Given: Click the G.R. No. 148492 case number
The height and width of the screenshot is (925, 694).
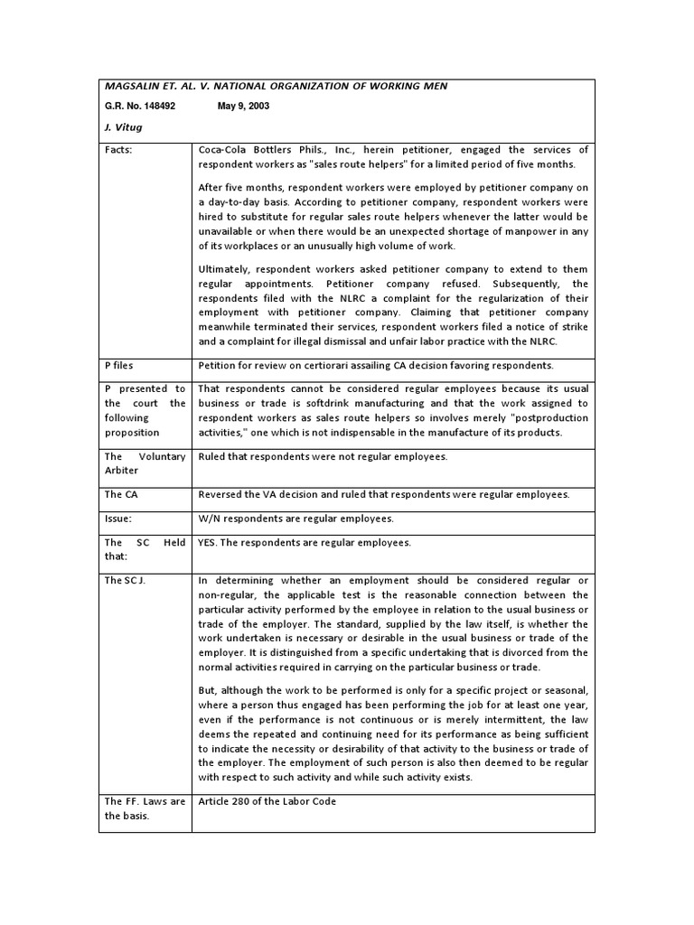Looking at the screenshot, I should click(x=140, y=106).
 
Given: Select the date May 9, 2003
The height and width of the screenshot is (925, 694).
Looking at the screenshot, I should click(x=243, y=106).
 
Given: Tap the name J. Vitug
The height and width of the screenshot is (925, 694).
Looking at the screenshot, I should click(x=124, y=127).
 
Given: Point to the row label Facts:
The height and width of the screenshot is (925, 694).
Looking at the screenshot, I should click(x=119, y=149).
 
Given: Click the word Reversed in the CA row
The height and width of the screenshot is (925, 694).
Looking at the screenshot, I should click(x=221, y=495).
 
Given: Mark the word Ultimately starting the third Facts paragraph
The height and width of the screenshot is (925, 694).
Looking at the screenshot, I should click(x=226, y=270).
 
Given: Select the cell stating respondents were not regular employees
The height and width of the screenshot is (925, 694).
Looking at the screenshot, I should click(x=322, y=457).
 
